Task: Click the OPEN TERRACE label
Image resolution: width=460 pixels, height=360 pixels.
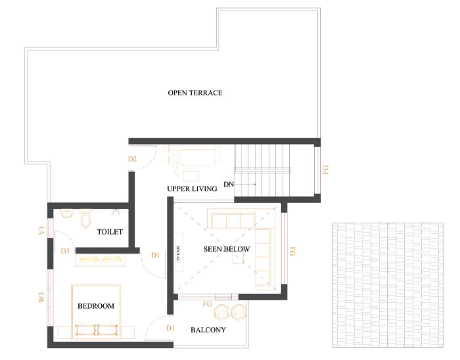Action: [195, 93]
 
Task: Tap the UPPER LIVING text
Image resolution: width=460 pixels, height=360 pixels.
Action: [192, 189]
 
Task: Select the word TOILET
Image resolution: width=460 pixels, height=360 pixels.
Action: [110, 232]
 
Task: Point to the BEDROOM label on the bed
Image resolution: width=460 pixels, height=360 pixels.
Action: [96, 306]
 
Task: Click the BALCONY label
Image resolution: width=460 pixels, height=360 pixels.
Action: [208, 330]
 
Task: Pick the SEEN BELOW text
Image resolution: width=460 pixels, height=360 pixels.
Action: [227, 249]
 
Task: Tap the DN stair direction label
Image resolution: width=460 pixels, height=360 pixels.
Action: [229, 185]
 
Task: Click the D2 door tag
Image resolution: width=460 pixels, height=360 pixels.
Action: [132, 159]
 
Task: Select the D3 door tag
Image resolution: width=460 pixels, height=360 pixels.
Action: [65, 251]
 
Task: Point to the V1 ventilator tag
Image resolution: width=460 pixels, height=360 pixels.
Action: [41, 231]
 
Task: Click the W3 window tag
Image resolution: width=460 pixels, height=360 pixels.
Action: [41, 298]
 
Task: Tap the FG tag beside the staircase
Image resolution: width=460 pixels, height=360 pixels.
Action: [325, 169]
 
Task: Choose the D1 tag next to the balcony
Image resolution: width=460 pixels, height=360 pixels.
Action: [170, 328]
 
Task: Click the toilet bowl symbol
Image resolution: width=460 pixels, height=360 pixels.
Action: [86, 218]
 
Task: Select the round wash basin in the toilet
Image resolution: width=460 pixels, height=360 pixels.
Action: [67, 214]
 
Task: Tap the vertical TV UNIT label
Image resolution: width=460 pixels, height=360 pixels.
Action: [178, 254]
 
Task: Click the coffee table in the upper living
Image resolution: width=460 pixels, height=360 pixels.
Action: [191, 176]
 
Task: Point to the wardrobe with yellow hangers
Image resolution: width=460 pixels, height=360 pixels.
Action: [101, 260]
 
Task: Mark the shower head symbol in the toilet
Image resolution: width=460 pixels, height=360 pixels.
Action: [116, 212]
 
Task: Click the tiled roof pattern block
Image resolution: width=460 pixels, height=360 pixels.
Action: [388, 285]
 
